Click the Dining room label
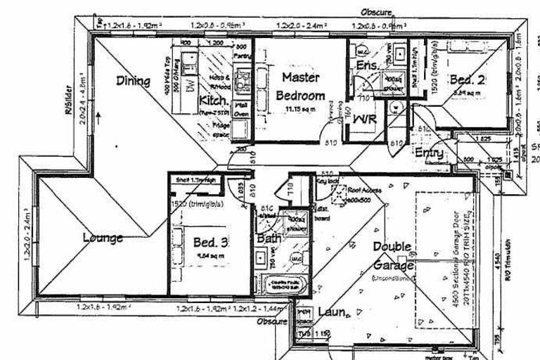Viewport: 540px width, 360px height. (x=133, y=81)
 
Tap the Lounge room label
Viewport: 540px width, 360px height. (x=103, y=238)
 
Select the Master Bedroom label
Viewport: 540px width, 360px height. (x=300, y=86)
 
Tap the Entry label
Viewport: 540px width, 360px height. (x=429, y=153)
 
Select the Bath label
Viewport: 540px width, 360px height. (x=269, y=239)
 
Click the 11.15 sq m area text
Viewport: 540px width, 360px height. (x=300, y=110)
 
